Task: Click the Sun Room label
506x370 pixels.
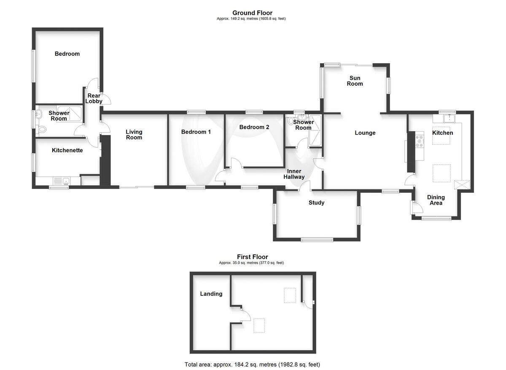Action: point(355,81)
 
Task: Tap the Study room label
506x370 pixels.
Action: point(316,203)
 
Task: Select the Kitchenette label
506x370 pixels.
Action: point(67,150)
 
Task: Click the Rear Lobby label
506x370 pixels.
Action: point(93,99)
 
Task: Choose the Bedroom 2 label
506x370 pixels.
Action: point(254,127)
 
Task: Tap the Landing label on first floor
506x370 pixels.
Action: point(211,294)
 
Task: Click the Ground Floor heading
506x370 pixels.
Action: point(252,13)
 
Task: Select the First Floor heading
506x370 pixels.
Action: point(252,257)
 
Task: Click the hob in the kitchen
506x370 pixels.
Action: point(420,140)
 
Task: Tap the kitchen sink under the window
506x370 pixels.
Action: point(449,118)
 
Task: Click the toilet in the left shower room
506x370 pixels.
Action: point(42,129)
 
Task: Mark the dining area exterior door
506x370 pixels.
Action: point(416,208)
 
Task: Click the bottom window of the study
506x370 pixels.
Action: point(317,240)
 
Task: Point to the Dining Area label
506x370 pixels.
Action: point(436,200)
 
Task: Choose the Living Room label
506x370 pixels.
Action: point(134,135)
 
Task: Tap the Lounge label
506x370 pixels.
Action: point(365,133)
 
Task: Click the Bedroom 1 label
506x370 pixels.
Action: point(196,132)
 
